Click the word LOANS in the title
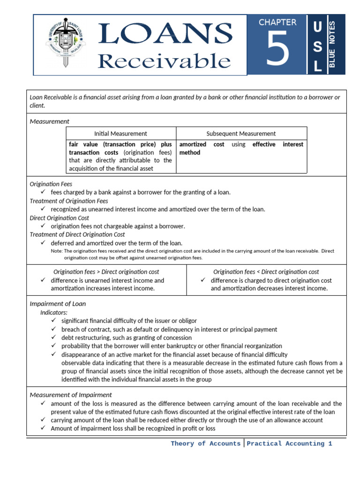pos(165,34)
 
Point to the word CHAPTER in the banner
pos(277,22)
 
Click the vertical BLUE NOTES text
pos(333,45)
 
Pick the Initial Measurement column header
pos(120,134)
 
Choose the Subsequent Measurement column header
pos(241,134)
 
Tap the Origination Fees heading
pos(51,184)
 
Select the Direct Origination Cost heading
pos(60,218)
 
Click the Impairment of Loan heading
pos(58,304)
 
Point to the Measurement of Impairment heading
pos(71,395)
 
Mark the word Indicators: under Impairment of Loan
pos(54,312)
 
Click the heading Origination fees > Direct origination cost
pos(106,272)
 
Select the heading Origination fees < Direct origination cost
pos(266,272)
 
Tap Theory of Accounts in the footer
pos(205,443)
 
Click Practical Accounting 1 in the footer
pos(289,443)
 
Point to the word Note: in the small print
pos(56,251)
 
